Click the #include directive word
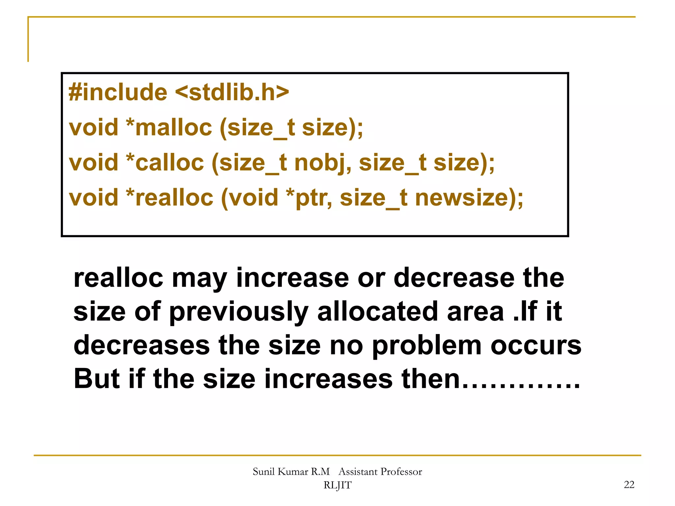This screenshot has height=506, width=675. tap(118, 92)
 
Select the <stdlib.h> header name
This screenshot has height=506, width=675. tap(232, 92)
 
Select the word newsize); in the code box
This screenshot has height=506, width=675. tap(469, 198)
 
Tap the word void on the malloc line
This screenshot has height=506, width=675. tap(94, 127)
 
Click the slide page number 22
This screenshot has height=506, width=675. tap(629, 485)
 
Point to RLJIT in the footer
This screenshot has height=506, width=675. tap(337, 485)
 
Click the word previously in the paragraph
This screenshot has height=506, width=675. tap(239, 312)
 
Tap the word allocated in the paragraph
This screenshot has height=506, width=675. tap(377, 312)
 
